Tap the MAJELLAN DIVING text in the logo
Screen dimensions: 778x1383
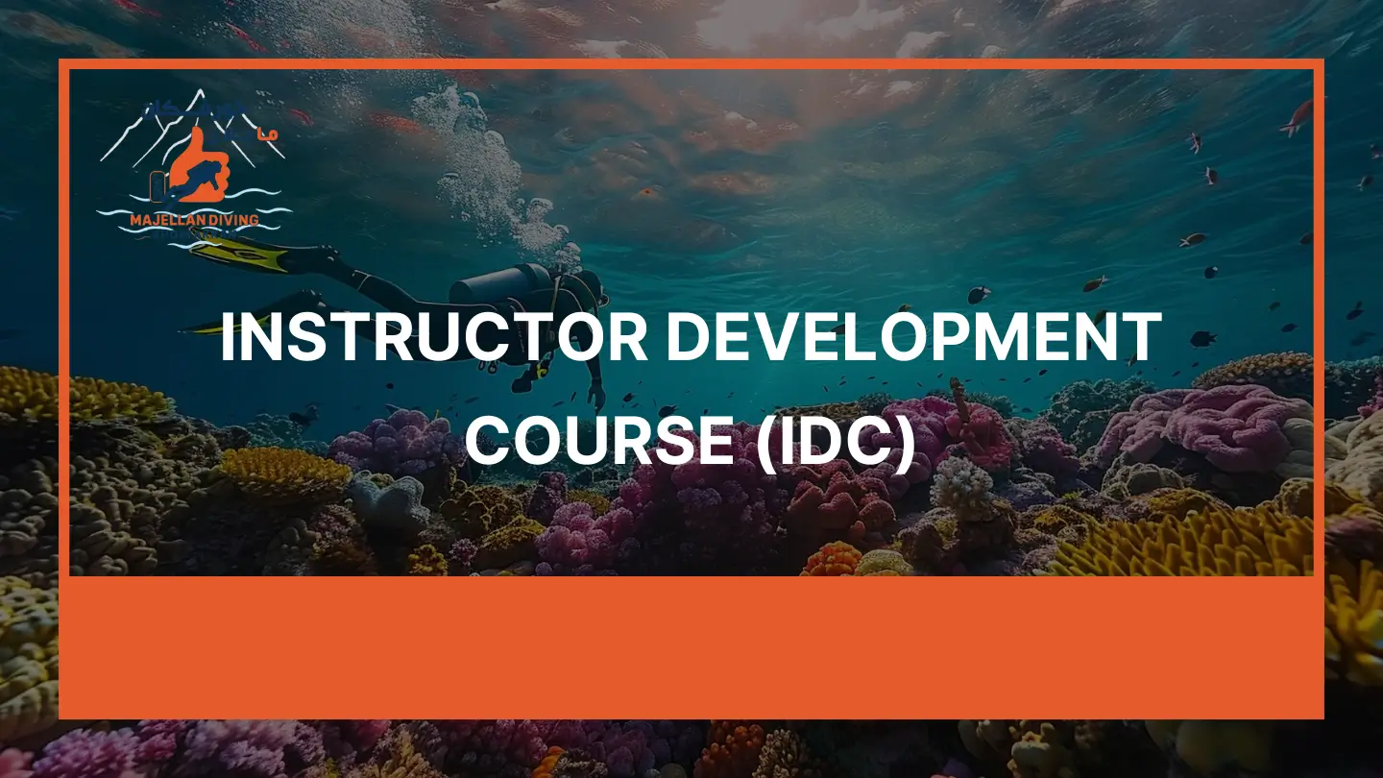pos(194,220)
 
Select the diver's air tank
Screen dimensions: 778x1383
pos(499,285)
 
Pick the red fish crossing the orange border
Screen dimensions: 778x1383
pos(1298,117)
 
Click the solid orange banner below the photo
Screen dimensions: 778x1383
pos(691,645)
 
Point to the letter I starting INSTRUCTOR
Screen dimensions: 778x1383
pos(228,338)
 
